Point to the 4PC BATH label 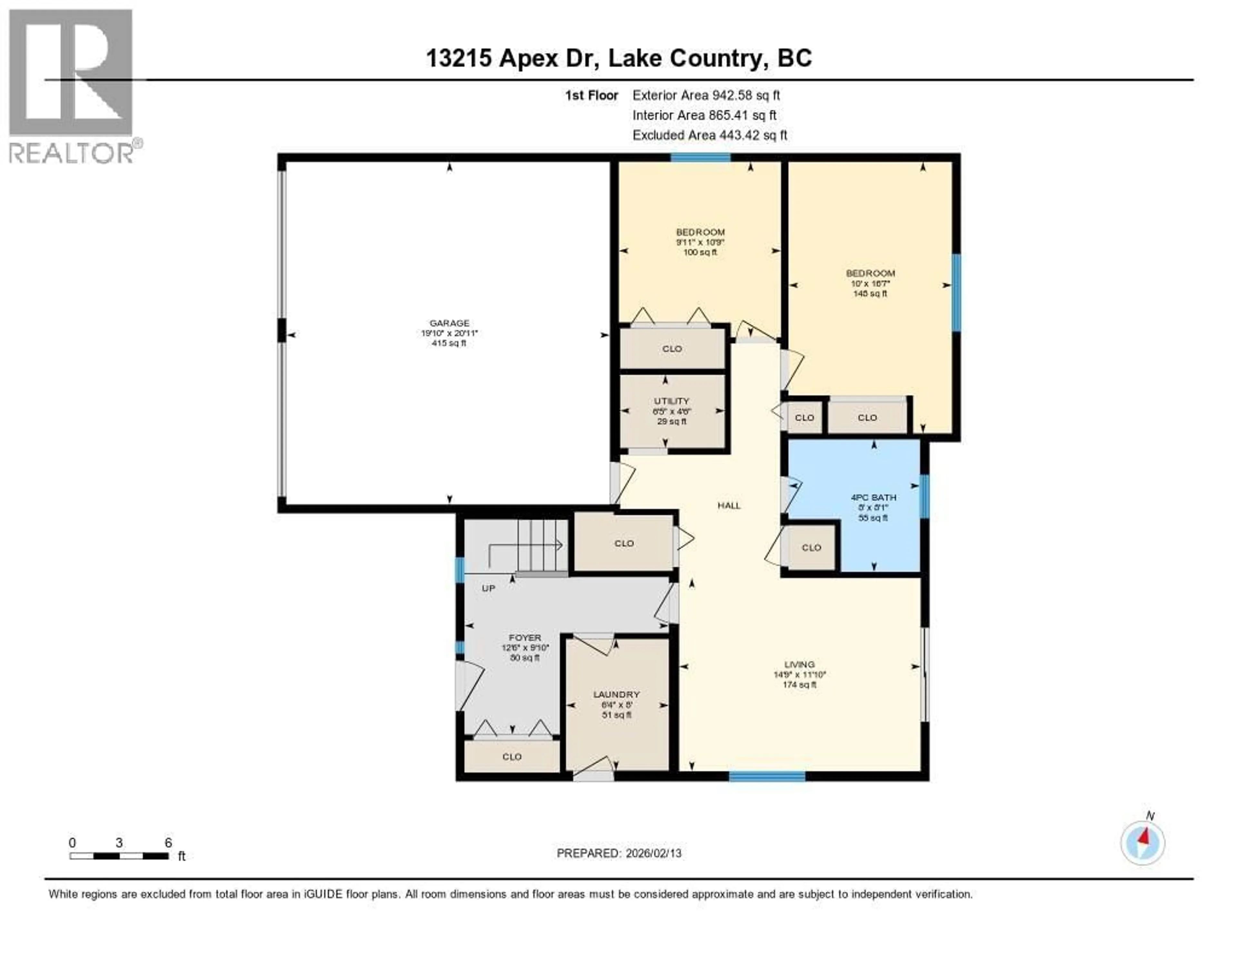coord(873,498)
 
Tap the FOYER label coord(525,638)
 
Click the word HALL coord(729,505)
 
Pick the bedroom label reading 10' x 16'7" coord(870,273)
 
